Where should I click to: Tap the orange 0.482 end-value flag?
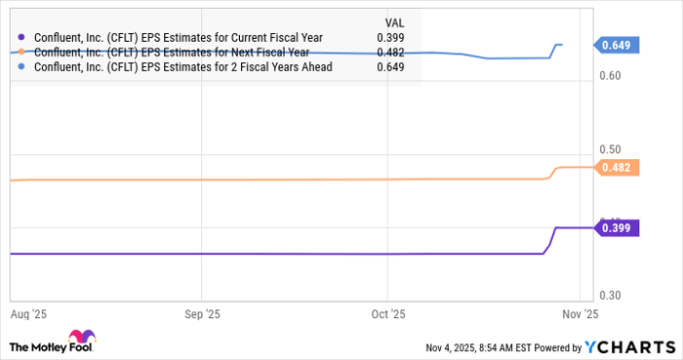[618, 168]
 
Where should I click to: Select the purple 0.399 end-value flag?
[618, 227]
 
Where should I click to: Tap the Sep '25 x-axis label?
[201, 315]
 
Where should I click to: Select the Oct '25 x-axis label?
[388, 315]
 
